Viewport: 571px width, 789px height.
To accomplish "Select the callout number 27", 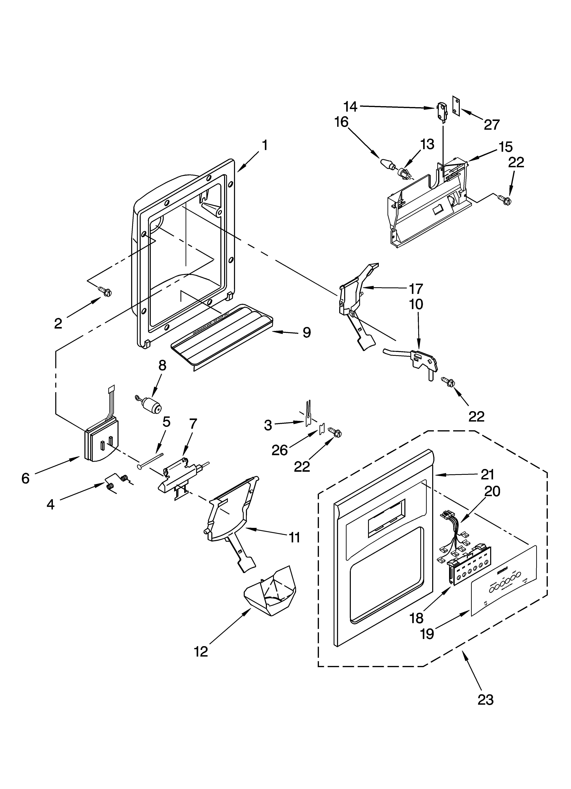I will (491, 125).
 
